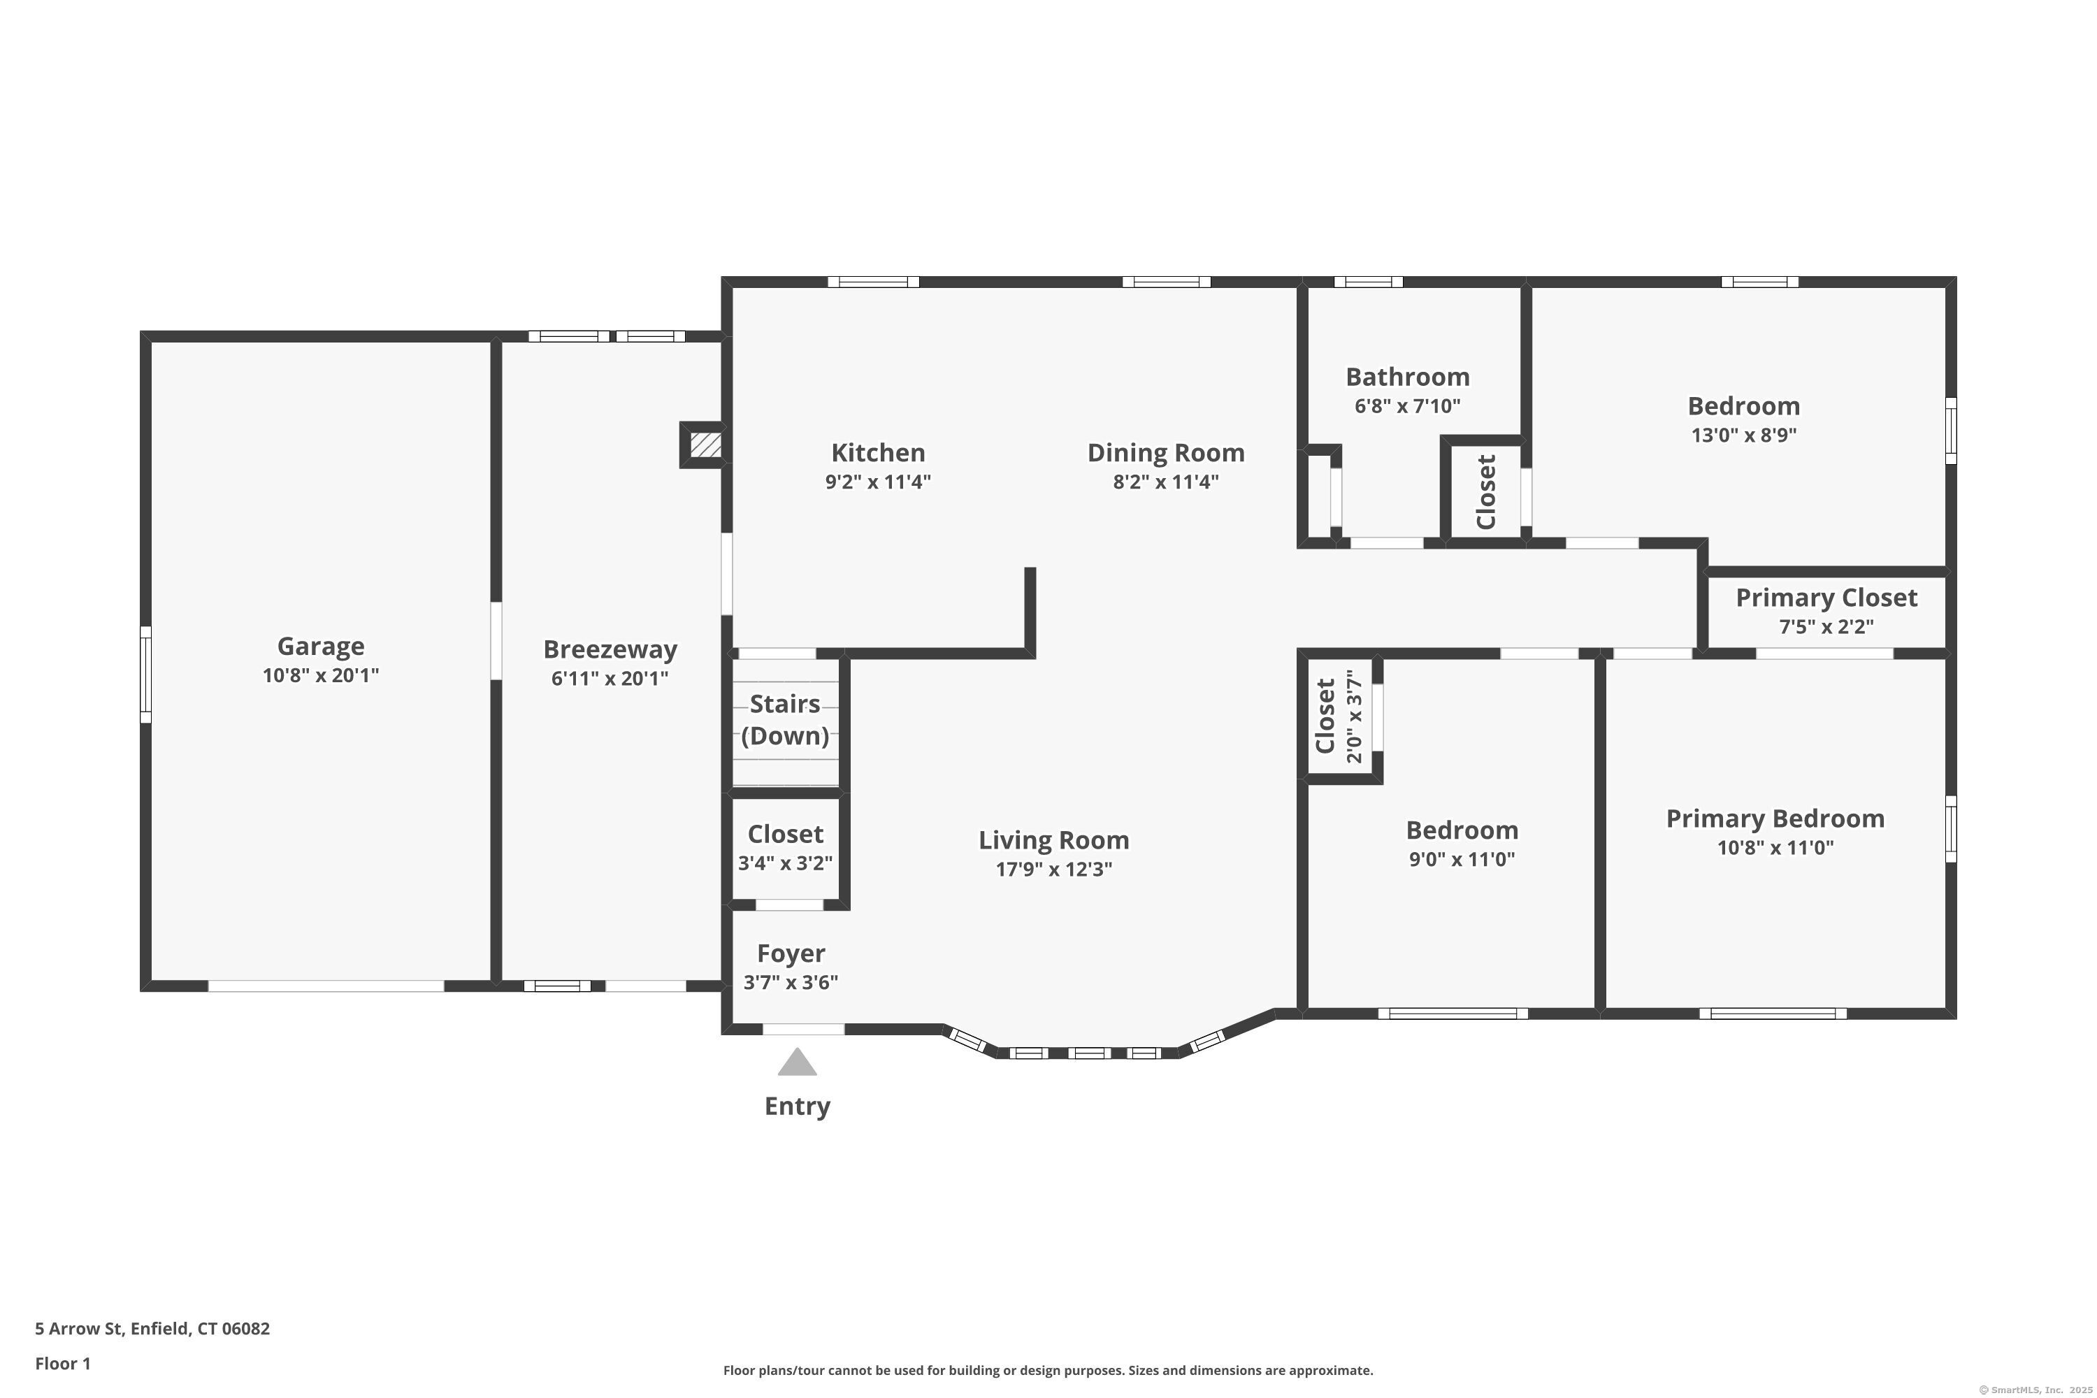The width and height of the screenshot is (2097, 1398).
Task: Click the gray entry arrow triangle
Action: [797, 1062]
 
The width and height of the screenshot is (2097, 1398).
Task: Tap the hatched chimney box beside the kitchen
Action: [705, 445]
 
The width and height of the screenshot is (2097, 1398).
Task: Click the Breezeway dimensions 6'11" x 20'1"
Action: [609, 679]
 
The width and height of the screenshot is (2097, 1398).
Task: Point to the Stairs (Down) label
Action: [784, 719]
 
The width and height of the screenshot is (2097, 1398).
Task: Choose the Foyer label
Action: [791, 953]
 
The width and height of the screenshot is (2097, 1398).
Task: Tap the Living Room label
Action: [1054, 840]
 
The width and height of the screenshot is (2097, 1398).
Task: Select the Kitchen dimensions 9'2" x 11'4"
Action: [877, 482]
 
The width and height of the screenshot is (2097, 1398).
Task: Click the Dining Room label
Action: [1165, 452]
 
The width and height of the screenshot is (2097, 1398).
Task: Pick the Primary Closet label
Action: [1826, 598]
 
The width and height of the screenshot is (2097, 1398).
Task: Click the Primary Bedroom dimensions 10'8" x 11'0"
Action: [1775, 848]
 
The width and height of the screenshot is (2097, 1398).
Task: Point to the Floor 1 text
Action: [62, 1363]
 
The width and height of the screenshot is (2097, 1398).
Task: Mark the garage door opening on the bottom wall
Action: [326, 986]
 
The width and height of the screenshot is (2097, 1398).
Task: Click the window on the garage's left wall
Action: [145, 674]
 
